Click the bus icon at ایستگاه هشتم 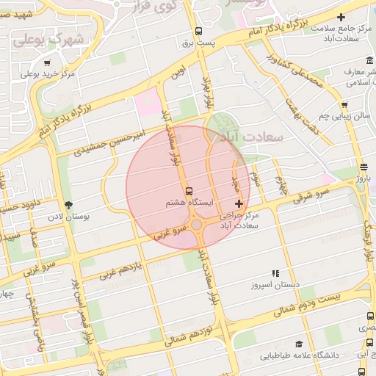189,189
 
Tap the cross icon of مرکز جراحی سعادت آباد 238,203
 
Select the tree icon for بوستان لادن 69,205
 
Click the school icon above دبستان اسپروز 275,273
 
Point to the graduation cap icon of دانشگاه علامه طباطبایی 299,344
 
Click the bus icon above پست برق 198,32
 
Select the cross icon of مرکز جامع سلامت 340,17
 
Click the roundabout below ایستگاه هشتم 197,224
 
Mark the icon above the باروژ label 364,167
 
